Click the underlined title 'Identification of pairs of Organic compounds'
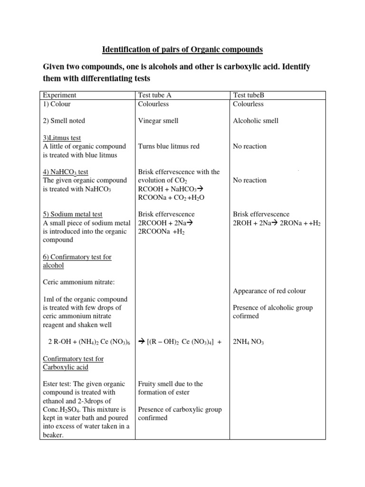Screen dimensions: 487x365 (x=182, y=49)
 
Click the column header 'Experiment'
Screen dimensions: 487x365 (x=59, y=95)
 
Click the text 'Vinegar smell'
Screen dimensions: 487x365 (x=158, y=121)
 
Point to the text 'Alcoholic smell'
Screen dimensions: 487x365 (x=256, y=121)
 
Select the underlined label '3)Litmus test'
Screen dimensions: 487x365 (x=62, y=138)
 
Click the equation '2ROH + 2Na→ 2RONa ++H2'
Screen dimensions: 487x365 (x=277, y=223)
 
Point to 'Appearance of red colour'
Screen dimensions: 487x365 (x=269, y=291)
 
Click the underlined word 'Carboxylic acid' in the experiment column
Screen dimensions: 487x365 (x=66, y=367)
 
